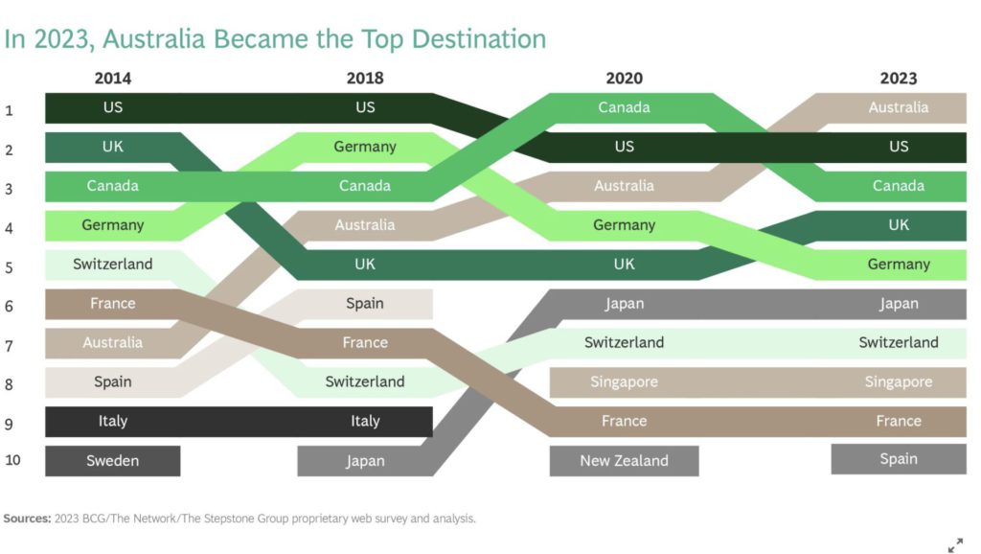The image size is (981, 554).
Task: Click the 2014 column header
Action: coord(113,79)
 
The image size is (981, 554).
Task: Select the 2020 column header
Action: coord(624,79)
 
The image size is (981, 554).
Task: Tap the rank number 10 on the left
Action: coord(12,460)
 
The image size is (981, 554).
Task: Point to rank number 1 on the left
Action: coord(9,111)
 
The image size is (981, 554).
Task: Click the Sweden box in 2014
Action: coord(113,461)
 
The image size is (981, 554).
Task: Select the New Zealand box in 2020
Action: coord(624,461)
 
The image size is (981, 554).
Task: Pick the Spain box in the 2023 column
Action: coord(899,459)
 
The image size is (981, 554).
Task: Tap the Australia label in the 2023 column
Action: coord(899,107)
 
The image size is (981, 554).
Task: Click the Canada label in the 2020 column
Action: coord(624,107)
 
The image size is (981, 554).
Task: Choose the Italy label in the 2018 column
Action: coord(365,422)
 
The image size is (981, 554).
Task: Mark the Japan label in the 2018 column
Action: coord(365,461)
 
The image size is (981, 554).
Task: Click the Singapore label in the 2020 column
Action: coord(624,381)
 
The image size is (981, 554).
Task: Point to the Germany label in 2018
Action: coord(365,147)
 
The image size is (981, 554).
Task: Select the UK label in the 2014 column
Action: coord(113,147)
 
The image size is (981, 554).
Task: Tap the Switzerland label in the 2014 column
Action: coord(113,265)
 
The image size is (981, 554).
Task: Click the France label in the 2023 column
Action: coord(899,422)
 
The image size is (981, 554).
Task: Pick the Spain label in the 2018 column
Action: coord(365,304)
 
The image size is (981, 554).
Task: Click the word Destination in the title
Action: coord(479,38)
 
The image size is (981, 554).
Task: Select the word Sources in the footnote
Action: coord(27,519)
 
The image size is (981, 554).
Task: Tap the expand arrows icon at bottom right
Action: coord(955,545)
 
